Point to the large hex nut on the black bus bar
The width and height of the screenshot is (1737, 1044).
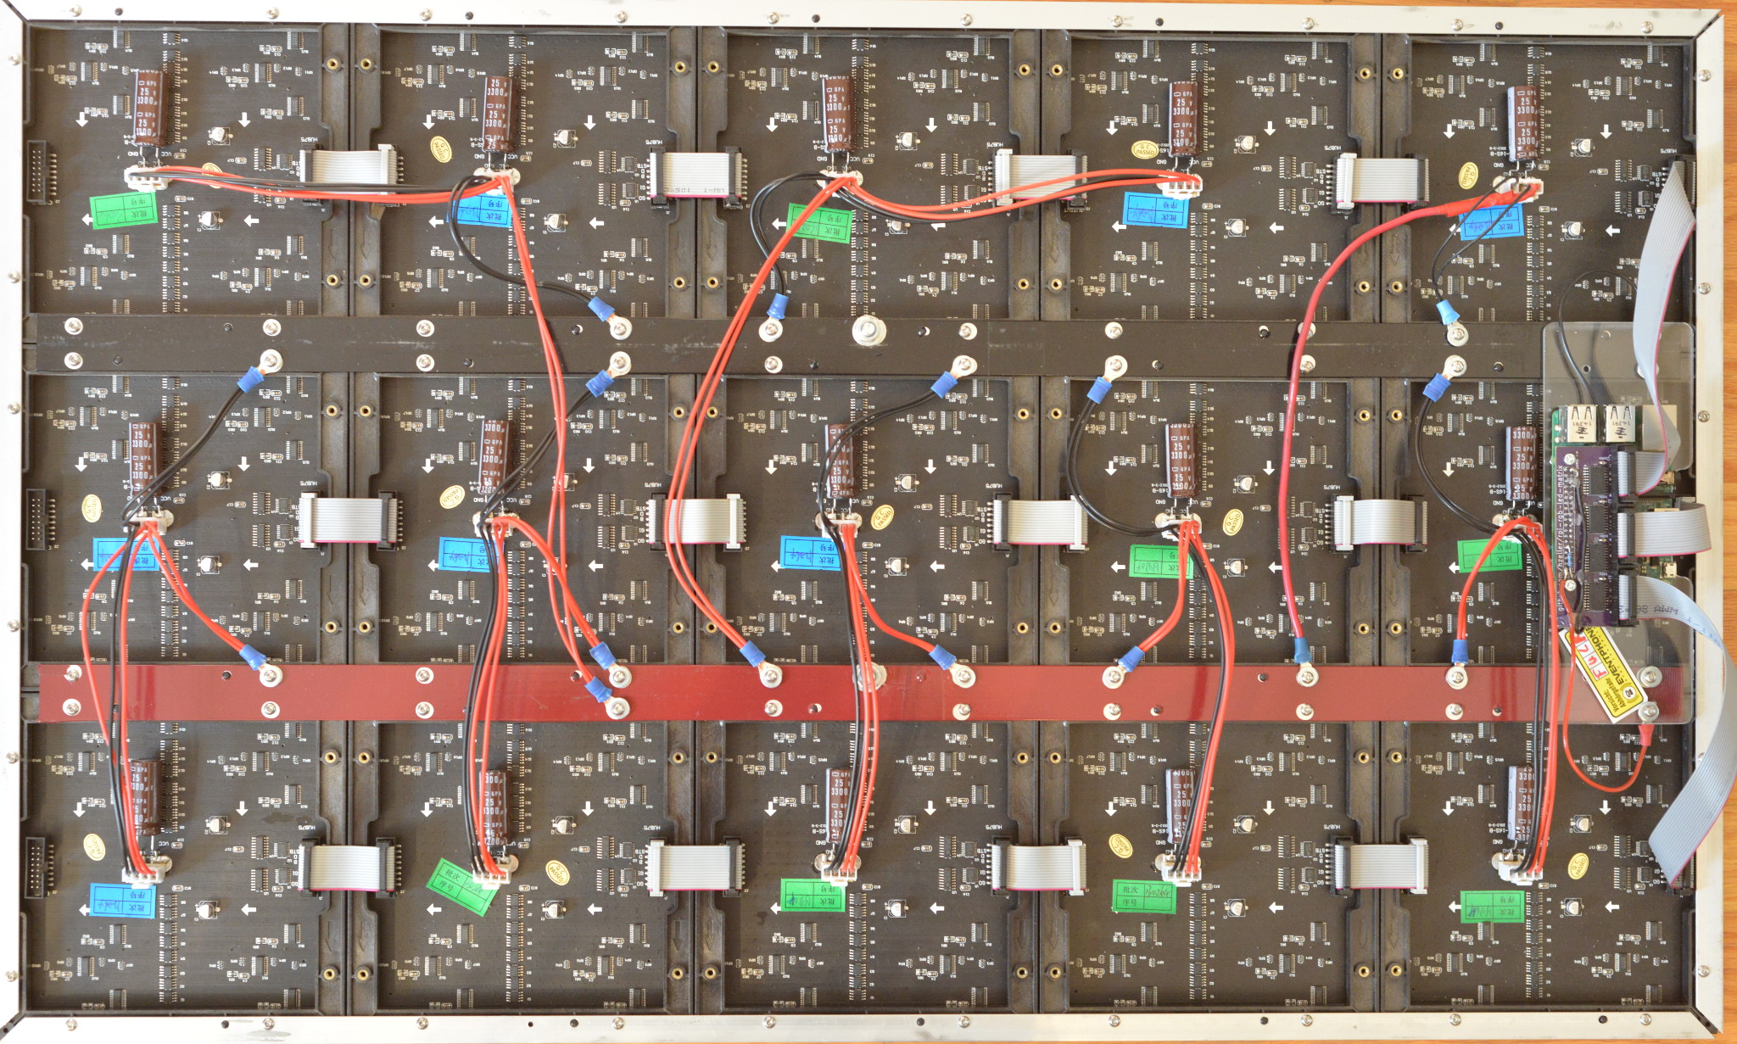tap(864, 329)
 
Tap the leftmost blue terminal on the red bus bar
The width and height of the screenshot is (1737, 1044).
tap(251, 656)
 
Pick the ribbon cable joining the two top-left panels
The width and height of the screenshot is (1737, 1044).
tap(349, 166)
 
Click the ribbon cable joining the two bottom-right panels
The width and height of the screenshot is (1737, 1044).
tap(1382, 865)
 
